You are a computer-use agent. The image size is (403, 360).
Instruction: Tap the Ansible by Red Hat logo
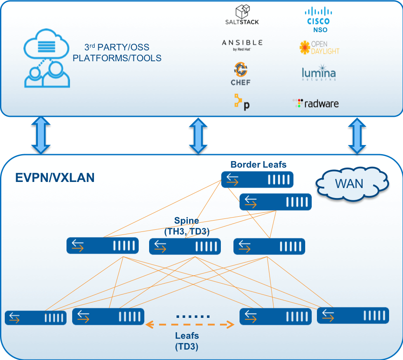coord(242,45)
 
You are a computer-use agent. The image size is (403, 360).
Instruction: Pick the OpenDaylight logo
coord(319,47)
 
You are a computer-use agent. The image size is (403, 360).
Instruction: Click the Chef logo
coord(240,73)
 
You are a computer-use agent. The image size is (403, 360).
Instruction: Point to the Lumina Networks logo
coord(318,73)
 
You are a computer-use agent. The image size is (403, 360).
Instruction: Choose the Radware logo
coord(315,103)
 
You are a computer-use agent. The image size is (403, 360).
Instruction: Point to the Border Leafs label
coord(258,165)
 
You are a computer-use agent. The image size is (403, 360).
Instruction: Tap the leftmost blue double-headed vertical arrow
coord(41,135)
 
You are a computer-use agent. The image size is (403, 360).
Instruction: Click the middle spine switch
coord(185,246)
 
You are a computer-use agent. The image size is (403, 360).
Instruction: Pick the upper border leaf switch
coord(257,179)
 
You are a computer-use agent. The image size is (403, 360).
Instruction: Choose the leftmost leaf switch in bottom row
coord(36,317)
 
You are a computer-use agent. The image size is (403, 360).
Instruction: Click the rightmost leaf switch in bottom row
coord(353,315)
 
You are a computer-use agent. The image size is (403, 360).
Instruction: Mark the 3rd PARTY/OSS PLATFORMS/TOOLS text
coord(117,53)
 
